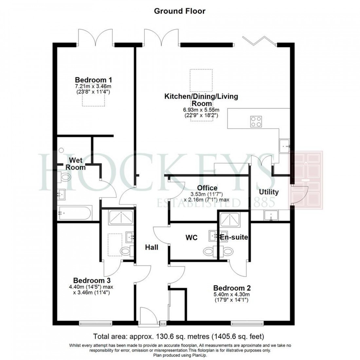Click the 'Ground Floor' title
click(x=180, y=11)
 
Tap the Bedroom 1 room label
click(x=91, y=80)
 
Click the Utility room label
click(x=269, y=192)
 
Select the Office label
click(x=207, y=188)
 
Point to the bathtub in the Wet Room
click(x=75, y=213)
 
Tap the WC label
click(x=191, y=238)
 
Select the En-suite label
click(x=234, y=237)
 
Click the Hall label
click(x=152, y=247)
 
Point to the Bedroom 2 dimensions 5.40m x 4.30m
click(x=232, y=294)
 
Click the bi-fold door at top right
click(x=260, y=41)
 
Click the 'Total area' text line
click(x=179, y=336)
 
